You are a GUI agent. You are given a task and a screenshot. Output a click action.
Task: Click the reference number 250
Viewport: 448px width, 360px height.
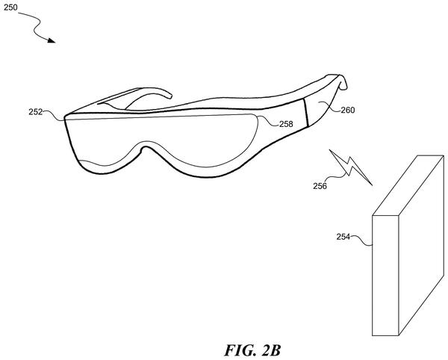click(10, 7)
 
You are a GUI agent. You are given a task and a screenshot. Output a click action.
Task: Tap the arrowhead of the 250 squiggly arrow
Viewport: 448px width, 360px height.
click(52, 40)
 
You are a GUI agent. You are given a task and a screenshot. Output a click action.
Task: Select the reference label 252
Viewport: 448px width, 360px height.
click(35, 112)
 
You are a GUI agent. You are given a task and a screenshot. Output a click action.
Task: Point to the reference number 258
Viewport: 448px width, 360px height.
click(286, 124)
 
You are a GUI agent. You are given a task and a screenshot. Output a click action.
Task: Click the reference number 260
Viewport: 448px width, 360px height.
click(348, 110)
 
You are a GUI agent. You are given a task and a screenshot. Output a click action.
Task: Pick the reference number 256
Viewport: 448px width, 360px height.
click(320, 186)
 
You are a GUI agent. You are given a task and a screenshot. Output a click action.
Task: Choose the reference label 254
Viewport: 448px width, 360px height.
click(343, 237)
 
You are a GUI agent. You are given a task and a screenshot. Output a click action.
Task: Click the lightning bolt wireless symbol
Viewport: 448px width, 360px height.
click(351, 167)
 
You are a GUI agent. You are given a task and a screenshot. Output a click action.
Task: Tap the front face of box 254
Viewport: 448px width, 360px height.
click(385, 276)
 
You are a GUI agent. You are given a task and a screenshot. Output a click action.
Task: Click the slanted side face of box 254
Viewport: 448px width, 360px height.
click(421, 246)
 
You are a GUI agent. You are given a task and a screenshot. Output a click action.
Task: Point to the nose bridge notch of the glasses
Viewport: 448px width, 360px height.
click(146, 148)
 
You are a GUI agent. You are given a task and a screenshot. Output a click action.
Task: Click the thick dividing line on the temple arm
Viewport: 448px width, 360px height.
click(305, 113)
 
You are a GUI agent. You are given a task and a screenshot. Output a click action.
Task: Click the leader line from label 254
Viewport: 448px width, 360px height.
click(361, 240)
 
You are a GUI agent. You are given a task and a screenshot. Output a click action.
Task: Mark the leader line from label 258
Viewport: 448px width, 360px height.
click(268, 120)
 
